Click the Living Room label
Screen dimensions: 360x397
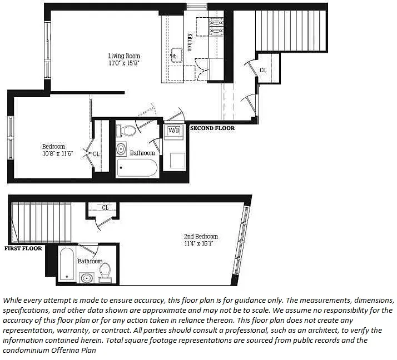point(123,56)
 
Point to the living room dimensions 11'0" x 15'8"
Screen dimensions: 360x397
point(123,63)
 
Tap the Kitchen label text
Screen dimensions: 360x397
point(190,42)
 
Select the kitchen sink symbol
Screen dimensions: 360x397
point(177,54)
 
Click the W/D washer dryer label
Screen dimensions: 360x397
point(173,131)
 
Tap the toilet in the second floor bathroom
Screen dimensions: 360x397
point(128,131)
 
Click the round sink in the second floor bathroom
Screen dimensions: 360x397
point(121,149)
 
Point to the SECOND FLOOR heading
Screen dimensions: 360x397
point(212,128)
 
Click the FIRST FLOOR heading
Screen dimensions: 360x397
point(23,248)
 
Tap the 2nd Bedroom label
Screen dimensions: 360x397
point(201,236)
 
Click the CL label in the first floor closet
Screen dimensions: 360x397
point(106,208)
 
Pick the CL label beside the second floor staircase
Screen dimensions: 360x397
point(263,71)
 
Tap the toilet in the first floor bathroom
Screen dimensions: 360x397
point(105,271)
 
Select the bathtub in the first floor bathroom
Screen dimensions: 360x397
point(66,264)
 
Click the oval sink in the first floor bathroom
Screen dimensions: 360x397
point(86,277)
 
